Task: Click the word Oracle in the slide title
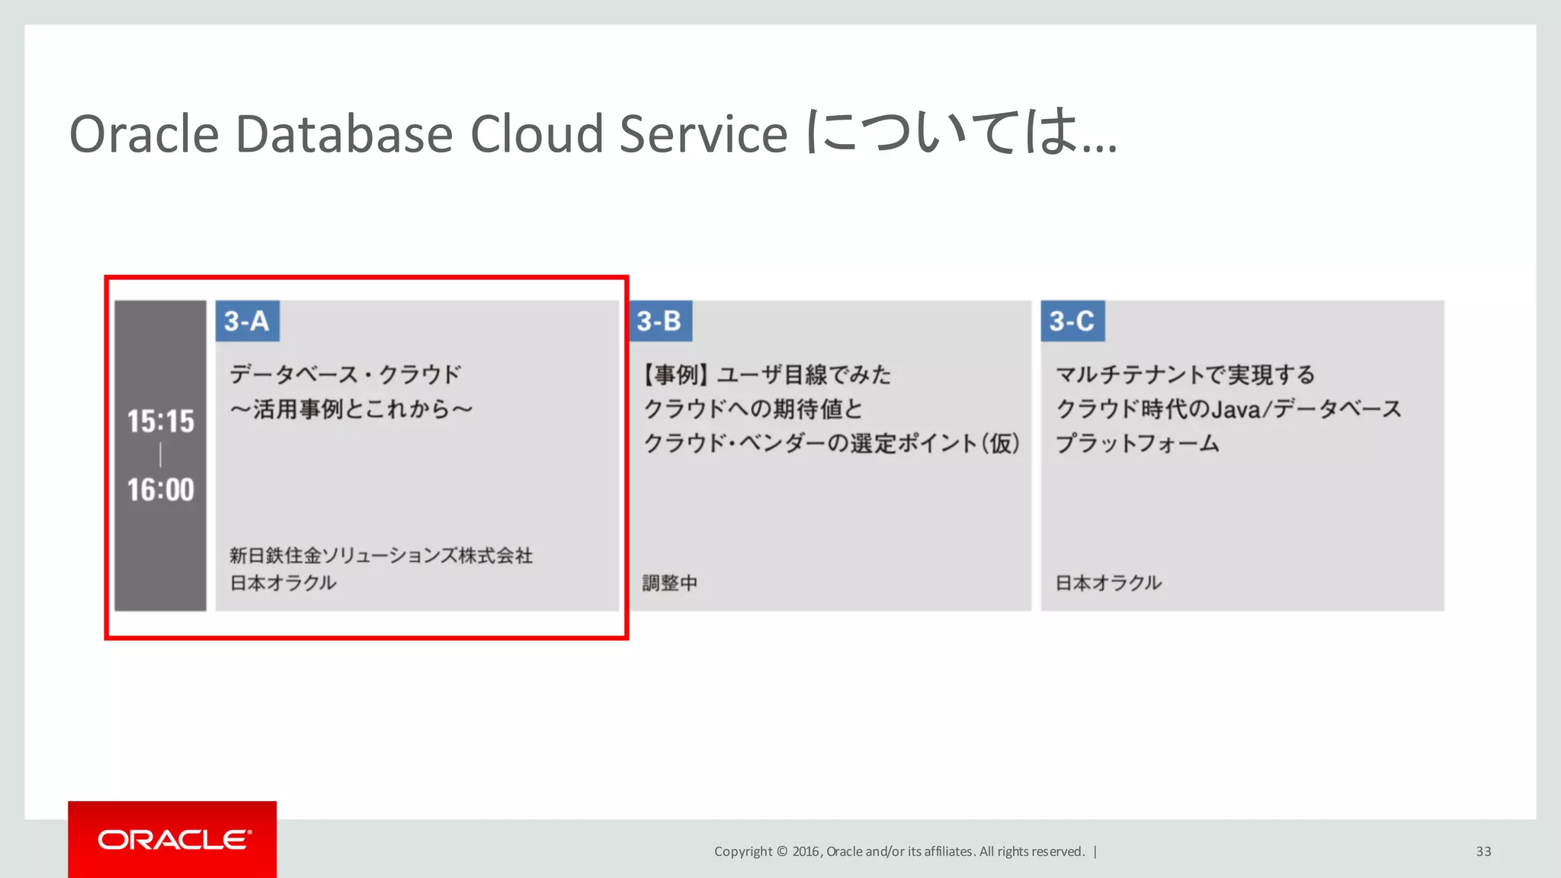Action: (x=144, y=135)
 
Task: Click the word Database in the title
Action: (x=345, y=135)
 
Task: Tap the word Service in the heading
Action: (x=703, y=135)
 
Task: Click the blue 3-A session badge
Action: (x=247, y=321)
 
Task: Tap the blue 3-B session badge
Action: (x=660, y=321)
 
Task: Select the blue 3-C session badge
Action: (x=1072, y=321)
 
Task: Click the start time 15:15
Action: (x=160, y=421)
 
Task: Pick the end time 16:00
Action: (x=160, y=490)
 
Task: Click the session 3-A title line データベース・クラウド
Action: (x=345, y=375)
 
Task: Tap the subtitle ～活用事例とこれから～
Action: (x=351, y=409)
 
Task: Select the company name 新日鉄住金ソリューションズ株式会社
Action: (x=381, y=556)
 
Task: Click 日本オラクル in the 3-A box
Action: (x=283, y=583)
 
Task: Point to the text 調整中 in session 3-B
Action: (x=669, y=583)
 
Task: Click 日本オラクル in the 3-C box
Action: (x=1108, y=583)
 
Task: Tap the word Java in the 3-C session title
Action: (x=1236, y=410)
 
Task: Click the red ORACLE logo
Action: (x=172, y=839)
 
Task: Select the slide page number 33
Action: (x=1483, y=851)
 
